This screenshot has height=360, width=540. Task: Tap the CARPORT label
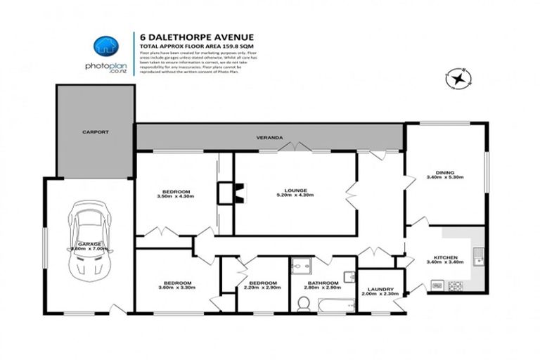pos(94,131)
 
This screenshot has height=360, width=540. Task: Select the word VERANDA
pos(269,138)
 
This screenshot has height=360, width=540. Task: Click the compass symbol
pos(458,78)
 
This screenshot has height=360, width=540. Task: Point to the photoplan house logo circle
pos(105,46)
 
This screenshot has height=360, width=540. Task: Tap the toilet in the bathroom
pos(304,303)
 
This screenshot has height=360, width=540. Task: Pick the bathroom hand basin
pos(349,276)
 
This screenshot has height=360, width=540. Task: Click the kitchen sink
pos(477,257)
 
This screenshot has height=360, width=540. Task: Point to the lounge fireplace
pos(238,193)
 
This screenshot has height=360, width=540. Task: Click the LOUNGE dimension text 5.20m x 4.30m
pos(295,195)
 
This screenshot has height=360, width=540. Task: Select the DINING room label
pos(444,172)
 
